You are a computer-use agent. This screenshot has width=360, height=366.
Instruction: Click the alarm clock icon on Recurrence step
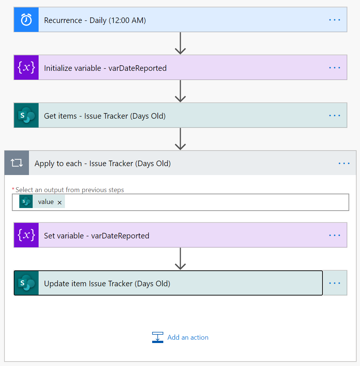26,20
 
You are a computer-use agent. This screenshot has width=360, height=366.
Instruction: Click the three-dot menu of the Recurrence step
334,20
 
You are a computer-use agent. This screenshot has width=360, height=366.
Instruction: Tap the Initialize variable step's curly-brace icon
26,67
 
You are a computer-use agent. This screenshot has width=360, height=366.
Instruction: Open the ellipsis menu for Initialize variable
334,67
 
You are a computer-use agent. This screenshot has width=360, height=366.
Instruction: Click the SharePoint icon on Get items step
26,115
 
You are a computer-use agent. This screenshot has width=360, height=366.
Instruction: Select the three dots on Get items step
334,115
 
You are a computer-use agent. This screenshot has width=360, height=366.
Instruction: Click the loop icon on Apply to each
17,163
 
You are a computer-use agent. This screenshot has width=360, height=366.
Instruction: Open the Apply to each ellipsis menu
344,163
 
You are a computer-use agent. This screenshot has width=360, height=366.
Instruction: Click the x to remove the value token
59,202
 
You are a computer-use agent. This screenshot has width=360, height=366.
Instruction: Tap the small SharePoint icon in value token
26,202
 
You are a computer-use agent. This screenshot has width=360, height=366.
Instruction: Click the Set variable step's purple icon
26,235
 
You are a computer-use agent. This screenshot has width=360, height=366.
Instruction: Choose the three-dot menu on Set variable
334,235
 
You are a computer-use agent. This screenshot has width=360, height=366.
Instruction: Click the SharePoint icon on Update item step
26,283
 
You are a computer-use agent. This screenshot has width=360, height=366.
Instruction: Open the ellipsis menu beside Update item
334,283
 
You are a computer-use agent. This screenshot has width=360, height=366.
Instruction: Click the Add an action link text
188,337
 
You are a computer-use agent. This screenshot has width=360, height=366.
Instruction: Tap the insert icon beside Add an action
158,337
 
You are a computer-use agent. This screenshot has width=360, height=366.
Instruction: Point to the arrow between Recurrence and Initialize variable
180,43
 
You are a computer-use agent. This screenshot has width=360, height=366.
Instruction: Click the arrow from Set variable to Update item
180,258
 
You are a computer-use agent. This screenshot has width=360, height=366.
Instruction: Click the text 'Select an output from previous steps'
70,190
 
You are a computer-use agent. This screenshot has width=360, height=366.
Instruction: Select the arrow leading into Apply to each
180,139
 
